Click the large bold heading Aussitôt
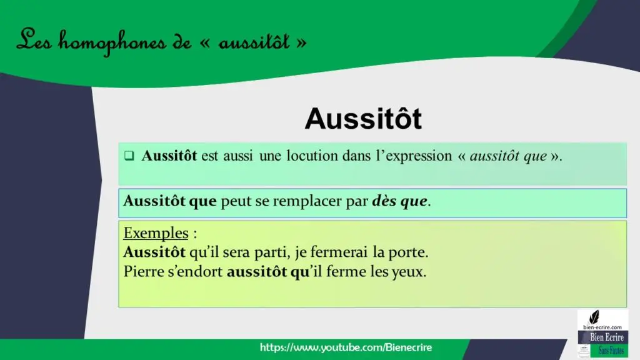click(363, 119)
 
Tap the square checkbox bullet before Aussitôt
click(129, 156)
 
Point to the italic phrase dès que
click(399, 201)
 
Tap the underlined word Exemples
click(156, 233)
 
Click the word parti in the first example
click(270, 252)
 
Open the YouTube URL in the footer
click(346, 347)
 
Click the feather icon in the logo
click(594, 317)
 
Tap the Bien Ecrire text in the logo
click(606, 337)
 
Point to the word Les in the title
click(34, 40)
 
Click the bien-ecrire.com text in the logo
click(602, 327)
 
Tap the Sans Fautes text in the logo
click(611, 350)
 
